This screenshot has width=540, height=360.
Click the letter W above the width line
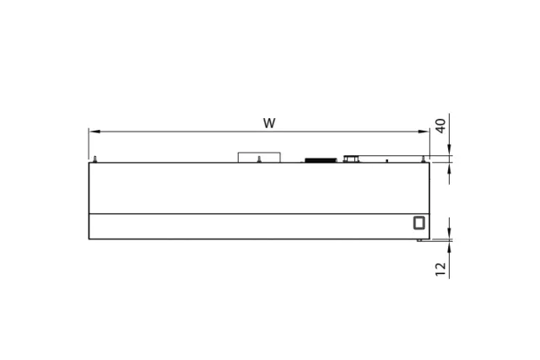269,123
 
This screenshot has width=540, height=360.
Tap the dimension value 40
440,126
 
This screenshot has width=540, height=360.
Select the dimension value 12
440,269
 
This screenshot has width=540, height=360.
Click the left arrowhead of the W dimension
94,132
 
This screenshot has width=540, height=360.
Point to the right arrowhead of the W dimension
424,132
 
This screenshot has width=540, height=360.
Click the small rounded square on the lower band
419,223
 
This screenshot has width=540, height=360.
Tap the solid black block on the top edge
321,160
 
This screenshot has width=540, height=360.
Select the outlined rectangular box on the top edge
259,158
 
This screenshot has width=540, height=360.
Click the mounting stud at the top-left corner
95,159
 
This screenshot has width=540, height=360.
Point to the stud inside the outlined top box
259,159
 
